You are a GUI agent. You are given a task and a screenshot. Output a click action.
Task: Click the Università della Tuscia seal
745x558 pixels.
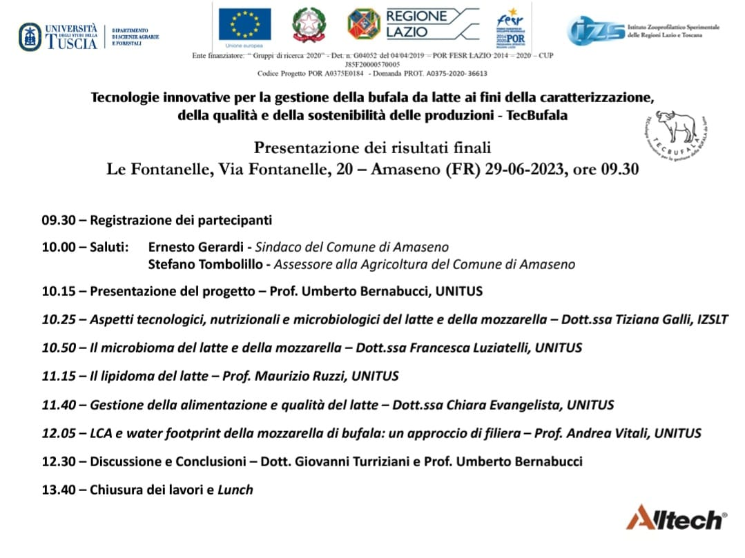pyautogui.click(x=30, y=37)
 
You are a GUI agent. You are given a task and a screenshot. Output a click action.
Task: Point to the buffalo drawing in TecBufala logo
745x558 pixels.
pyautogui.click(x=677, y=128)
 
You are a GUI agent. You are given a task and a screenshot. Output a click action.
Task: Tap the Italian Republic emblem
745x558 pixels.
pyautogui.click(x=308, y=25)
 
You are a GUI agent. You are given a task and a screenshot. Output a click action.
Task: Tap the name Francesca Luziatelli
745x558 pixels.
pyautogui.click(x=469, y=348)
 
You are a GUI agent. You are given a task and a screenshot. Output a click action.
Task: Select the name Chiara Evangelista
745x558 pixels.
pyautogui.click(x=504, y=405)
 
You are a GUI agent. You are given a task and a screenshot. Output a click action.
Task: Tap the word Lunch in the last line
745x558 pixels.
pyautogui.click(x=235, y=490)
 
